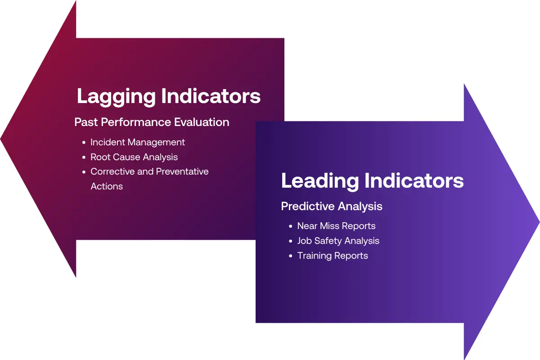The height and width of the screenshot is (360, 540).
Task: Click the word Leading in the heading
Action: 320,181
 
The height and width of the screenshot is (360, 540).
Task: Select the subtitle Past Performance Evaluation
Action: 152,122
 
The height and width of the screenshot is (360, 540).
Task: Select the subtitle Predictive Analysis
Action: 332,206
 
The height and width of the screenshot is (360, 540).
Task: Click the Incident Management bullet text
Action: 138,142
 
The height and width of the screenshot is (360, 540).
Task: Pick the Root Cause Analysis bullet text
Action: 134,157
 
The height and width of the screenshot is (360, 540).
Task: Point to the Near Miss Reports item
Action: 336,226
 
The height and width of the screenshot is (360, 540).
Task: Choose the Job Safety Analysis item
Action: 338,241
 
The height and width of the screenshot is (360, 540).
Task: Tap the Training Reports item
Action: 333,256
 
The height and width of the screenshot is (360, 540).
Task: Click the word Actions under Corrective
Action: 107,186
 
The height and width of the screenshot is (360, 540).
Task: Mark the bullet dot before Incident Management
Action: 84,143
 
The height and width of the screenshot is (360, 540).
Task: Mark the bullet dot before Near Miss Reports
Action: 291,226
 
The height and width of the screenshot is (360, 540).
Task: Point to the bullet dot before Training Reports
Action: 291,256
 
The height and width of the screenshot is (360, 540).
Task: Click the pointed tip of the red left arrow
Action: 2,139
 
